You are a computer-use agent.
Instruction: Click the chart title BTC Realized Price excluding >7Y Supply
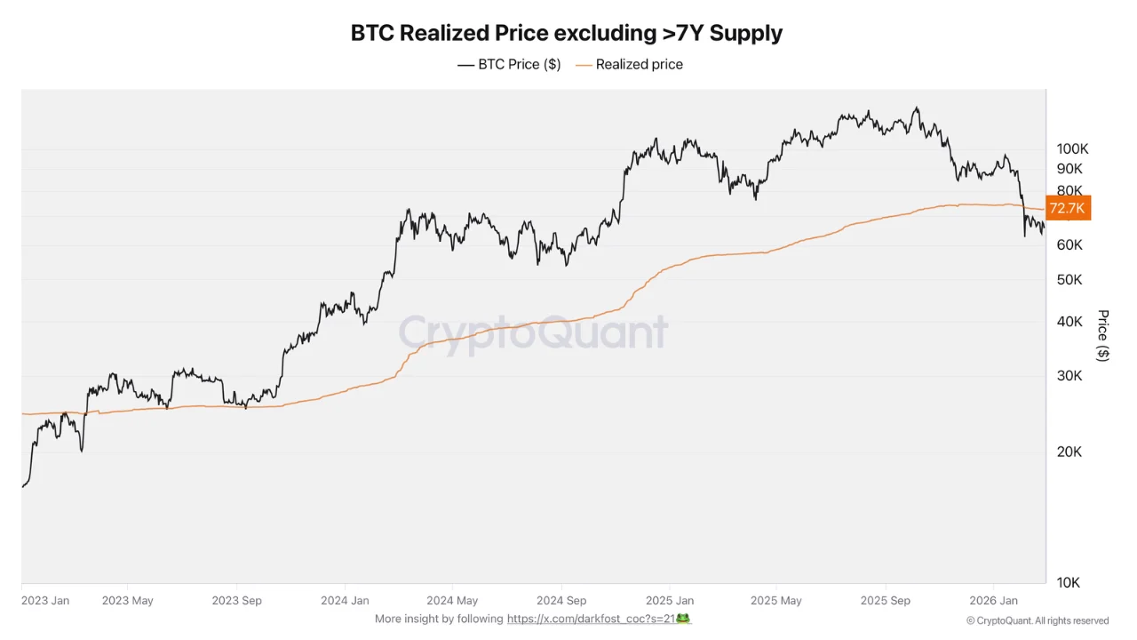(567, 33)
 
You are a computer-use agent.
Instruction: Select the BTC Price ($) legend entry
(509, 64)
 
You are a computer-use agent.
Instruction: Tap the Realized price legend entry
(629, 64)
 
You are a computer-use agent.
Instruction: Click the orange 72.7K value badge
(1068, 208)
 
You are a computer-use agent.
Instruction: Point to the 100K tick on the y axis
(1072, 148)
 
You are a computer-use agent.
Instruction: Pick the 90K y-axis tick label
(1069, 169)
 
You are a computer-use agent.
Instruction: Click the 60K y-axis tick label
(1069, 244)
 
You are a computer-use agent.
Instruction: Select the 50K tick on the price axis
(1069, 280)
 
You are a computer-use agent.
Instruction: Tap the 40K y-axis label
(1069, 322)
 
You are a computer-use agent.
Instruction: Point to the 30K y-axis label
(1069, 376)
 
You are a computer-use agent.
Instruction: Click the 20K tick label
(1069, 452)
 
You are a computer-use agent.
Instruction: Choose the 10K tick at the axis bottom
(1069, 582)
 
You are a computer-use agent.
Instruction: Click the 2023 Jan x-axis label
(45, 601)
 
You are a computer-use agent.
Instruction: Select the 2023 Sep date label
(237, 601)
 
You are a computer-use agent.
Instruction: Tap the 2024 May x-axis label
(452, 601)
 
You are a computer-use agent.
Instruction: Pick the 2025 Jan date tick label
(670, 601)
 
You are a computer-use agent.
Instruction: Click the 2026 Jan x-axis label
(994, 601)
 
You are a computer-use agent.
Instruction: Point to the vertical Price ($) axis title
(1103, 335)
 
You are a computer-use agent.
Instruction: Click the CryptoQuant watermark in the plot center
(533, 332)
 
